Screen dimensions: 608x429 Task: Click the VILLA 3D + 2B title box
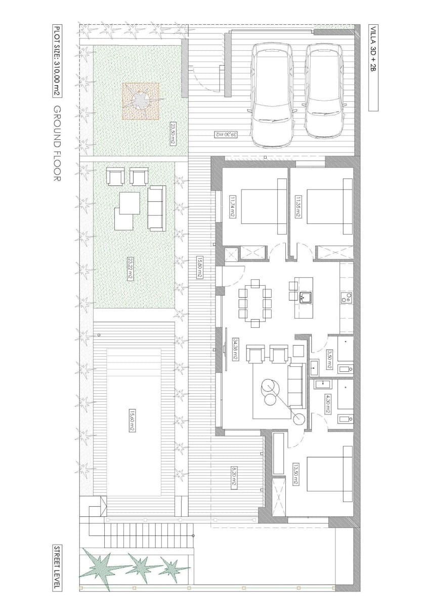[372, 67]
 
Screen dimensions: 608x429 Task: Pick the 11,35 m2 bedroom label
[297, 207]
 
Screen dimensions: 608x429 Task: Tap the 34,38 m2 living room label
[235, 350]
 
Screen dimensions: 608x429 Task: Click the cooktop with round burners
[347, 298]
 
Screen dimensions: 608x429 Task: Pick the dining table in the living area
[255, 302]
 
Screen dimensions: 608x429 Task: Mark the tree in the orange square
[141, 101]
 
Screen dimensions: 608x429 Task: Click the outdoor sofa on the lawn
[156, 208]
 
